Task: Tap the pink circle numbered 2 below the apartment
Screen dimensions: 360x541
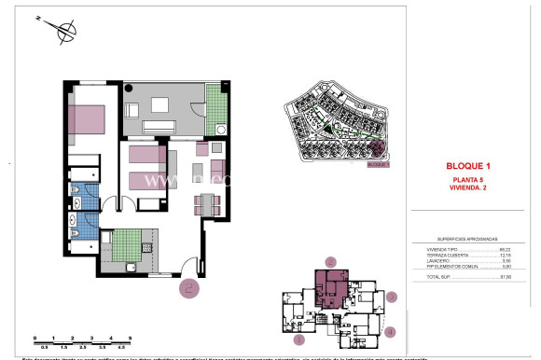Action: (189, 288)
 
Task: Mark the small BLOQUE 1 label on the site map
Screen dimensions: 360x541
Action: (377, 164)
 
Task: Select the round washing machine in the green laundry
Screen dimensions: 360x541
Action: (221, 130)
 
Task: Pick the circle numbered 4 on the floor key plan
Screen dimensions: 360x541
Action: (391, 331)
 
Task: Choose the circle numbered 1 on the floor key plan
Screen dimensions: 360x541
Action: (298, 340)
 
